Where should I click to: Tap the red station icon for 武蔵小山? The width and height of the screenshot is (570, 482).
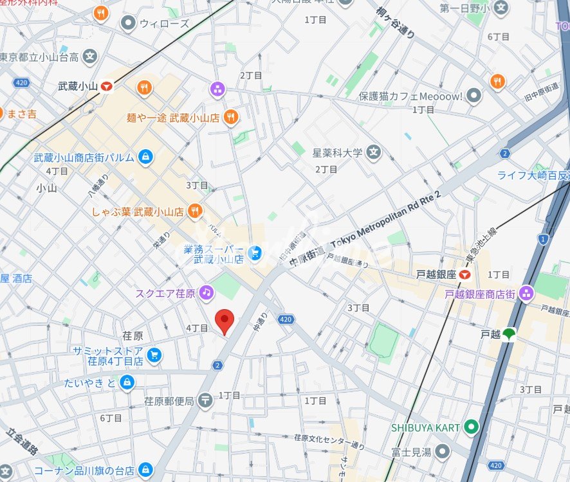point(106,85)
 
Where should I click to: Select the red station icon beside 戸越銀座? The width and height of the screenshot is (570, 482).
point(464,274)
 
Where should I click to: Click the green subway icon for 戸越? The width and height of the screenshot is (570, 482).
point(509,334)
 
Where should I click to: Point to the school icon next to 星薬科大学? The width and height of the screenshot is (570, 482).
point(374,153)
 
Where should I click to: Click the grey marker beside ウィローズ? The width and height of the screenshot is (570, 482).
point(128,24)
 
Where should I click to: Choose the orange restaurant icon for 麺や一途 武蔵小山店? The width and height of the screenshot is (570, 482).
point(231,116)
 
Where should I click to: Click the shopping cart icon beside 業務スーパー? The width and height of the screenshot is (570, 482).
point(255,254)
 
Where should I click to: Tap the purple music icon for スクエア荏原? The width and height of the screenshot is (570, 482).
point(206,292)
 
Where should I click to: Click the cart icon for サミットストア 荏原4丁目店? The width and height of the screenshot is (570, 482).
point(154,355)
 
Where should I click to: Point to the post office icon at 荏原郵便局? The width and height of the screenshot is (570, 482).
point(205,400)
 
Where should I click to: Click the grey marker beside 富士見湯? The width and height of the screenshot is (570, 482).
point(441,452)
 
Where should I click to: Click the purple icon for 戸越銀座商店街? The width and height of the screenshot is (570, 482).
point(526,294)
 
